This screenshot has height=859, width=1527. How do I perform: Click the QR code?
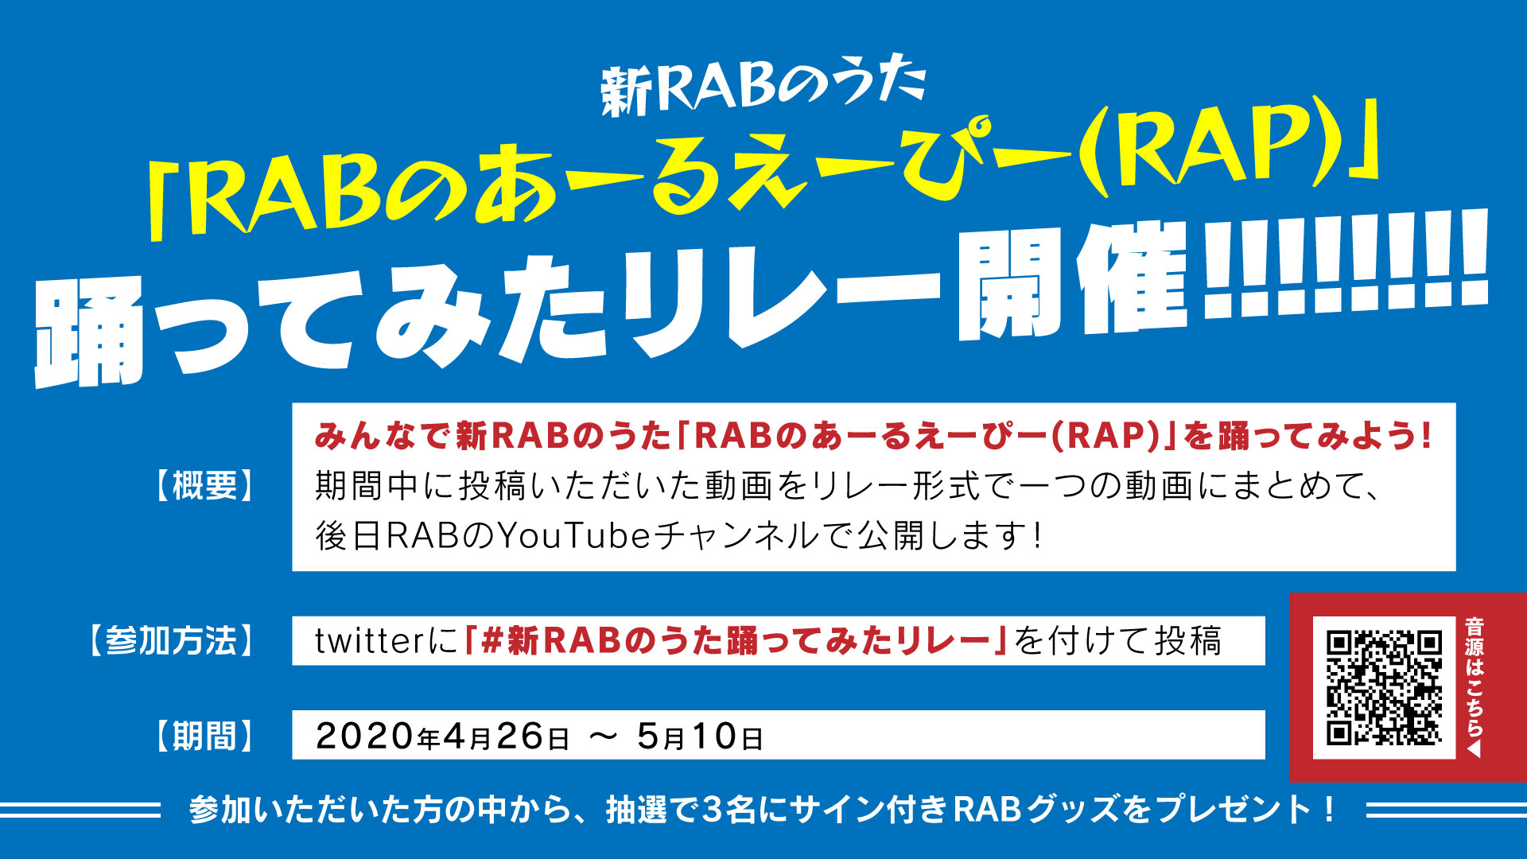coord(1384,687)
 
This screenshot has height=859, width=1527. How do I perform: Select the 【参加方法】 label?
coord(171,640)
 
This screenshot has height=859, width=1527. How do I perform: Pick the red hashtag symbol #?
coord(492,641)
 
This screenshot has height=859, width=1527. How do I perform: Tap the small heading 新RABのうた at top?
coord(763,86)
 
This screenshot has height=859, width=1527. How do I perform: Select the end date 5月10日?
coord(700,737)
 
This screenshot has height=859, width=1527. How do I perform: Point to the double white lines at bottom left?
coord(80,810)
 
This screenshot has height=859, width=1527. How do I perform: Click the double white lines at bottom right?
coord(1446,810)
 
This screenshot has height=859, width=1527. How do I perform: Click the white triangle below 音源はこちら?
coord(1475,749)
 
